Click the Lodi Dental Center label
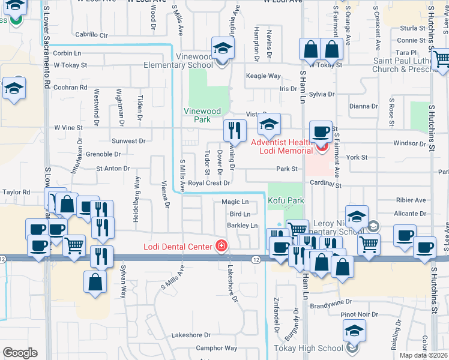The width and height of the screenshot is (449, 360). [177, 247]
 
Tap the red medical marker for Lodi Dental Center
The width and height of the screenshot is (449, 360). [221, 247]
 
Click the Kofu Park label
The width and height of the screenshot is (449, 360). [286, 200]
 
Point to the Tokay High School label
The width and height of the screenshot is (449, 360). [309, 348]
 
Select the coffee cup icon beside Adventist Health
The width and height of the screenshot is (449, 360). [321, 131]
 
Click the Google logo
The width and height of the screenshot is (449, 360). [20, 353]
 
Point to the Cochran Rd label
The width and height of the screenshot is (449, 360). [71, 87]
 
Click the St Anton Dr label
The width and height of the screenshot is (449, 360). [113, 168]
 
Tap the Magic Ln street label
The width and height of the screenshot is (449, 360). [235, 202]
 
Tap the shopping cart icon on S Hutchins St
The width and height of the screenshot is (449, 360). [441, 59]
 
